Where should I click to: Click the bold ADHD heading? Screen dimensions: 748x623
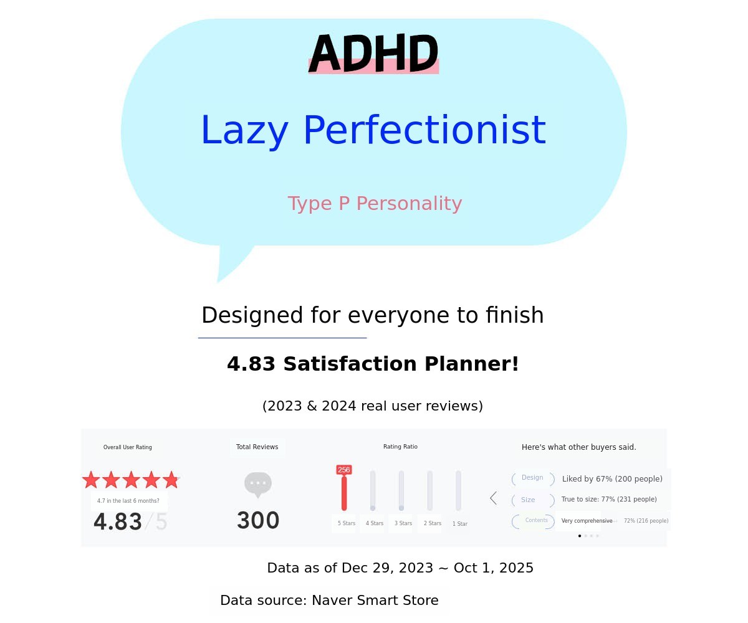[373, 54]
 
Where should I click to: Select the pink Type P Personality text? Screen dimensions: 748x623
[375, 203]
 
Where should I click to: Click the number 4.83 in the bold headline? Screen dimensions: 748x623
[251, 364]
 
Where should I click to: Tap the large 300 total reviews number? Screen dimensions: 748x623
[258, 520]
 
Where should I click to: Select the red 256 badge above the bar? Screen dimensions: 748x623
[344, 469]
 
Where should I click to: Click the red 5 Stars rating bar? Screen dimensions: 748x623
[344, 493]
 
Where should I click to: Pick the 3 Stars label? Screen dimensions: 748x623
[403, 523]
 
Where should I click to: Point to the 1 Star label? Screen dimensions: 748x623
[460, 523]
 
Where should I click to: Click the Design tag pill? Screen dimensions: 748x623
[533, 478]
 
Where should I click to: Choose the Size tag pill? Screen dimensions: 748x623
[533, 500]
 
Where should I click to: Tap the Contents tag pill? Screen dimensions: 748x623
[533, 521]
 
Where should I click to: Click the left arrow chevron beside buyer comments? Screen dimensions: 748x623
[493, 498]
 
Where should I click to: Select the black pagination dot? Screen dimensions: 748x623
[580, 536]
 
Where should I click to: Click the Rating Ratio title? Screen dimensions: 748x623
[400, 447]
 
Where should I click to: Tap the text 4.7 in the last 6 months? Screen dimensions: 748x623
[128, 501]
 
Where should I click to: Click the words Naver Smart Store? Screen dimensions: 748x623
[375, 600]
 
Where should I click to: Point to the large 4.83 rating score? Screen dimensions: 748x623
[118, 521]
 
